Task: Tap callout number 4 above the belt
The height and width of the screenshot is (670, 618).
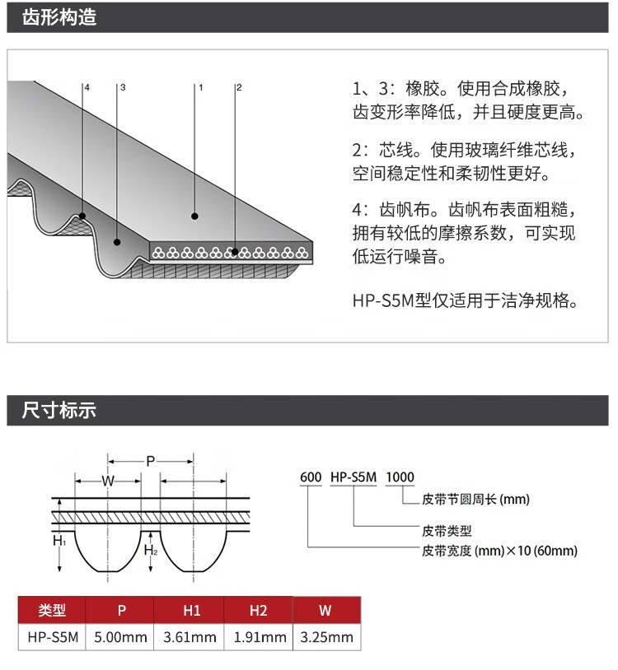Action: [x=86, y=86]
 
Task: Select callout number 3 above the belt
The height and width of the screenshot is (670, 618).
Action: [x=122, y=86]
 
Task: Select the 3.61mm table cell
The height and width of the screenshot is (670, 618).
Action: [x=190, y=636]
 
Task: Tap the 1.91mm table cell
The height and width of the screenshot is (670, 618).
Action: [x=258, y=636]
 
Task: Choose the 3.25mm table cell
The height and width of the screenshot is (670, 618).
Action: [x=326, y=636]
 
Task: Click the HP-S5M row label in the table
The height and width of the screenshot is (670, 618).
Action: [x=52, y=636]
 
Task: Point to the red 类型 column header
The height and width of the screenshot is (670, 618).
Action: [x=52, y=610]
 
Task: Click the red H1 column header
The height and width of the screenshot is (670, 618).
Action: [x=190, y=610]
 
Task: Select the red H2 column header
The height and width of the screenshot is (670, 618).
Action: [x=258, y=610]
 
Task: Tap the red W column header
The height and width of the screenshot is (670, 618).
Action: [x=326, y=610]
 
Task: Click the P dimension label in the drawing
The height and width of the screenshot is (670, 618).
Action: [x=150, y=461]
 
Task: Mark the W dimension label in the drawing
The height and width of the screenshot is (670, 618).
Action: [x=108, y=481]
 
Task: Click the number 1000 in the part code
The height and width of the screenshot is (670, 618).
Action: [x=400, y=477]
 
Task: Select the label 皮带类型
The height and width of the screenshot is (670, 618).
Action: [x=447, y=531]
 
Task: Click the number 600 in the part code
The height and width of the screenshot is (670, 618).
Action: [x=311, y=477]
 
